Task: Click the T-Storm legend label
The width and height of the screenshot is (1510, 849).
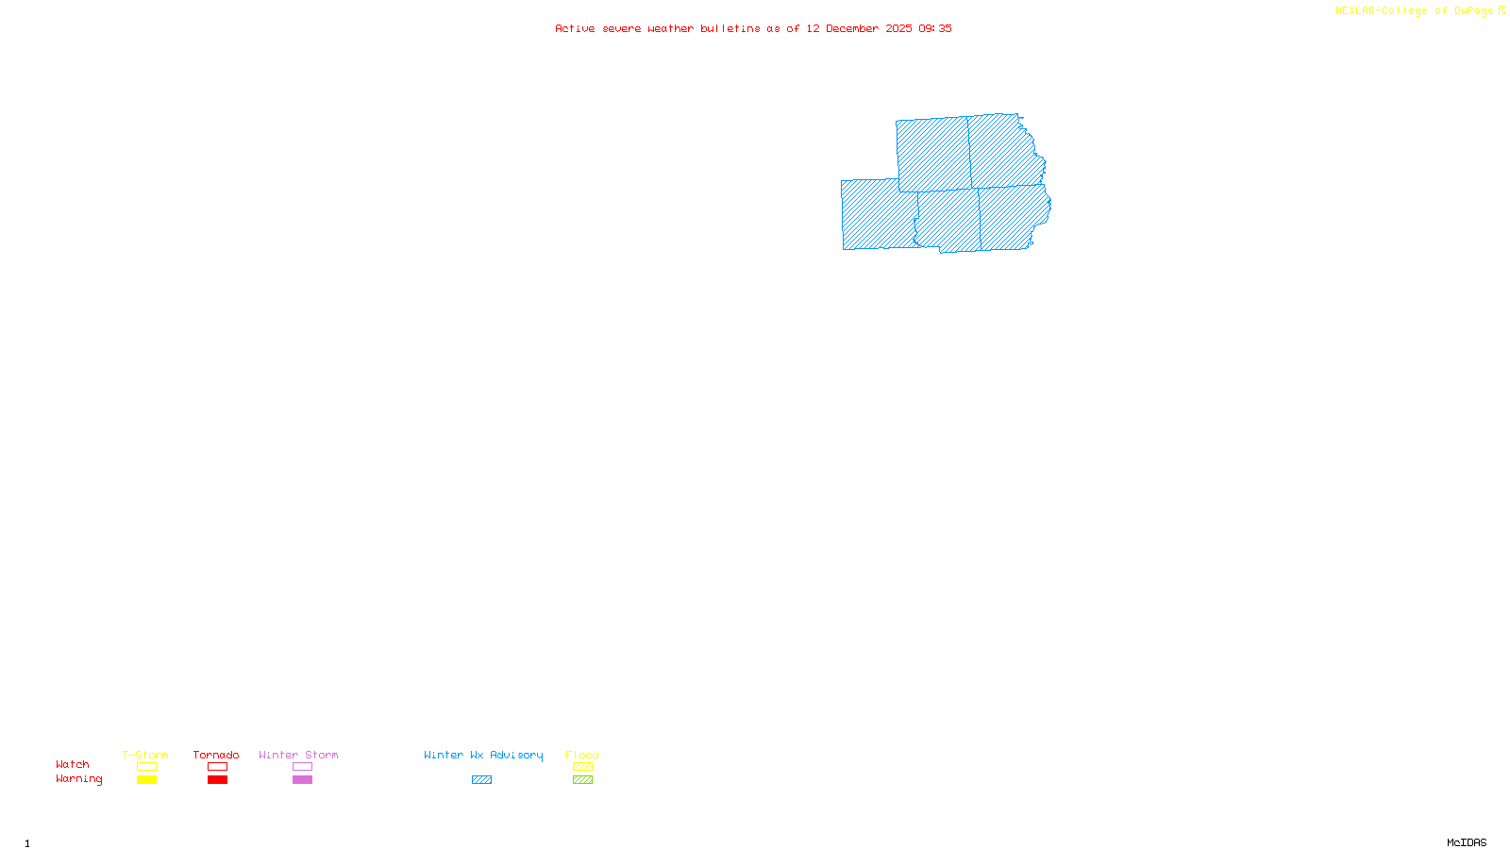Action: pyautogui.click(x=145, y=755)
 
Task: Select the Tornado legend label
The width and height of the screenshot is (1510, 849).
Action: pyautogui.click(x=216, y=755)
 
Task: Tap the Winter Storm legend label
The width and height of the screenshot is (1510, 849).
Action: pyautogui.click(x=298, y=755)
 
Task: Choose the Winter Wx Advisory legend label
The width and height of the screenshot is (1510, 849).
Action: pyautogui.click(x=483, y=755)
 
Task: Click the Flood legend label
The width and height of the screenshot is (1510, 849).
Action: pyautogui.click(x=582, y=755)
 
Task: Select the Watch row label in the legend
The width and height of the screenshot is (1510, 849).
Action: pyautogui.click(x=73, y=765)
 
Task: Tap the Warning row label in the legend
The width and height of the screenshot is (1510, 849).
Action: pyautogui.click(x=79, y=779)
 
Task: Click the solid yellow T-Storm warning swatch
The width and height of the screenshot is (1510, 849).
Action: pyautogui.click(x=146, y=780)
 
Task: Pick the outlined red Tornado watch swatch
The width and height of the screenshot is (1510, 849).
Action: pyautogui.click(x=217, y=767)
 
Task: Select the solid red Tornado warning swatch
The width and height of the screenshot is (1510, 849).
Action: pyautogui.click(x=217, y=780)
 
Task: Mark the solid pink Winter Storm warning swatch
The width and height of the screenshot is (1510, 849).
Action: pyautogui.click(x=302, y=780)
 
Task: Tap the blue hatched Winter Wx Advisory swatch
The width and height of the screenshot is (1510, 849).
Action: pyautogui.click(x=481, y=780)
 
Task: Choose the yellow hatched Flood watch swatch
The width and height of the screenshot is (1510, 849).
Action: pyautogui.click(x=582, y=767)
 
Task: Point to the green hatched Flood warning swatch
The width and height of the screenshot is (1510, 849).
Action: pyautogui.click(x=582, y=780)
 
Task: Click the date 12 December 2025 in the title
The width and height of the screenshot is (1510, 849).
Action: pyautogui.click(x=859, y=28)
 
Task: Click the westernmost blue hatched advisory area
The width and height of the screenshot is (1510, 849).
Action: pyautogui.click(x=878, y=215)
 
